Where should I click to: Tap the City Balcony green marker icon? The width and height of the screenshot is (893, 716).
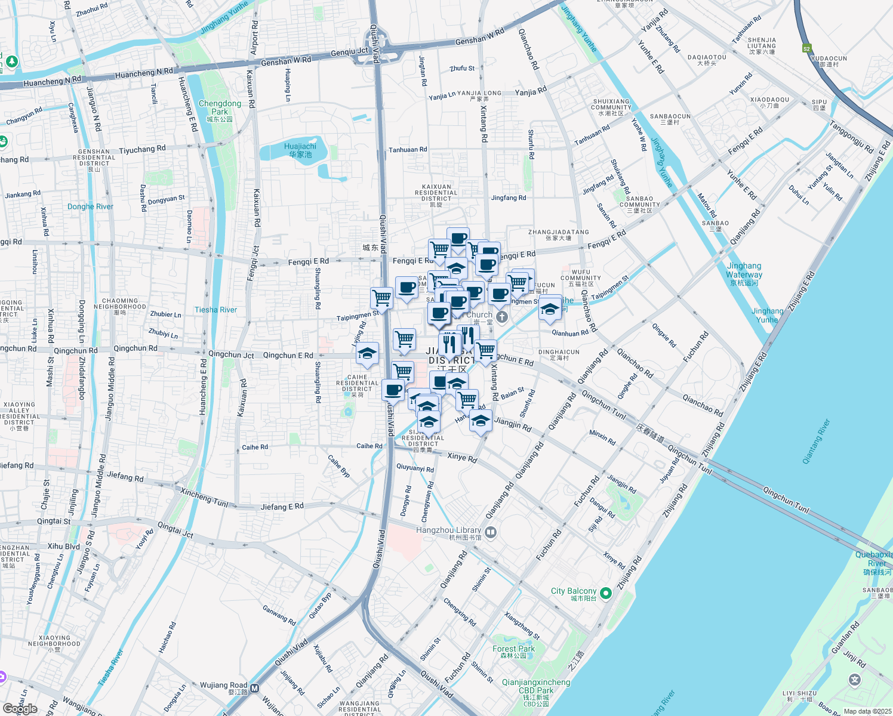[x=606, y=593]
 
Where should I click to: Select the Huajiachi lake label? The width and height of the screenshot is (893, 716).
[x=300, y=150]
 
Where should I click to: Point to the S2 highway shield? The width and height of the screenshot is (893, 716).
[x=806, y=49]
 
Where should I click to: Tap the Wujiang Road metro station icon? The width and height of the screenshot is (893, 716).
[x=255, y=688]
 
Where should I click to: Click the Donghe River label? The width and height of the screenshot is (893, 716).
[x=90, y=206]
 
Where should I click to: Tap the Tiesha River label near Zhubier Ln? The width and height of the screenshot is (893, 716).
[x=215, y=310]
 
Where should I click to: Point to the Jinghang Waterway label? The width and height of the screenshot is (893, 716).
[x=744, y=270]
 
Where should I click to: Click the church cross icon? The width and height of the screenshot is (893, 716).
[x=502, y=316]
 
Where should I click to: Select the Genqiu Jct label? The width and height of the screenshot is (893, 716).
[x=349, y=53]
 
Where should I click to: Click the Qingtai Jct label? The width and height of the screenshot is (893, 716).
[x=175, y=529]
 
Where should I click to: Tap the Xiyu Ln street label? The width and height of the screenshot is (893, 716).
[x=53, y=31]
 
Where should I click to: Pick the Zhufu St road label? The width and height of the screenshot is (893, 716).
[x=462, y=69]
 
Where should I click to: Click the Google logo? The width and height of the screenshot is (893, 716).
[x=20, y=709]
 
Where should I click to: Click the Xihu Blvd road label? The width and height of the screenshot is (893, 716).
[x=64, y=546]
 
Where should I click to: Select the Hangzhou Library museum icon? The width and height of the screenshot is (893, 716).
[x=491, y=531]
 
